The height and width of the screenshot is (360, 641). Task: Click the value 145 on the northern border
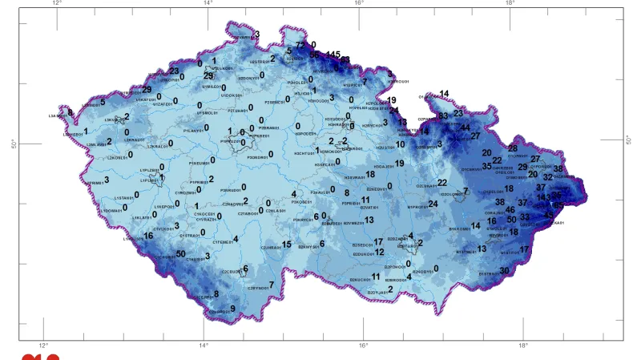333,54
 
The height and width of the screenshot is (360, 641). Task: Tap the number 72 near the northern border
300,45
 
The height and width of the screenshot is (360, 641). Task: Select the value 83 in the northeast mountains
443,116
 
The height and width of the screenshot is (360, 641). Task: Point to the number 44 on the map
466,127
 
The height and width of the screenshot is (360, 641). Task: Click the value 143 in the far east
544,197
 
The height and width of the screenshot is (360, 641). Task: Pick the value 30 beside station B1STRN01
504,271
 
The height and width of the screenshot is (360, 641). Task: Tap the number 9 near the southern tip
233,309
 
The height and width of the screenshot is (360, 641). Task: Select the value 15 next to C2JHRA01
286,244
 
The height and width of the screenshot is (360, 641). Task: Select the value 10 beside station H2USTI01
400,145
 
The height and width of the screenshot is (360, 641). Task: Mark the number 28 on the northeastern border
513,148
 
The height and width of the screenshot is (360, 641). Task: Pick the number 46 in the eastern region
510,210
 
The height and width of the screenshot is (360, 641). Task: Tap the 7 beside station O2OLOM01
466,191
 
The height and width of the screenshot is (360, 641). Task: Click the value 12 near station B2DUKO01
380,252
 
